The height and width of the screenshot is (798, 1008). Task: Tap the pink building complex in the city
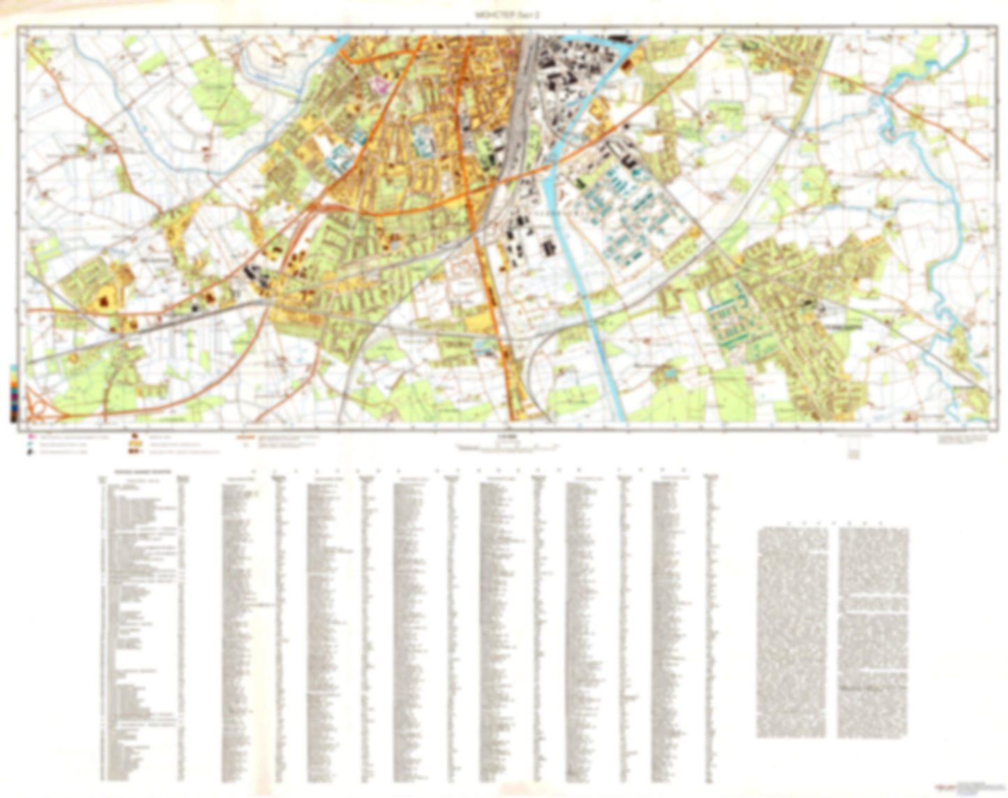coord(380,86)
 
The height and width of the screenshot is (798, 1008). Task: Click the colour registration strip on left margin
coord(14,393)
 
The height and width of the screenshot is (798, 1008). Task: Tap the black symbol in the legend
coord(29,451)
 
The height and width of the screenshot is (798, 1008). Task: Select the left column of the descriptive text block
coord(792,631)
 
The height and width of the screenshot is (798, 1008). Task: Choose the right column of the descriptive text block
coord(873,631)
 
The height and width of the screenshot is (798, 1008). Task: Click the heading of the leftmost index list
coord(140,480)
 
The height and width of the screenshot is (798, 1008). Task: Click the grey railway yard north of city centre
coord(520,119)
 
